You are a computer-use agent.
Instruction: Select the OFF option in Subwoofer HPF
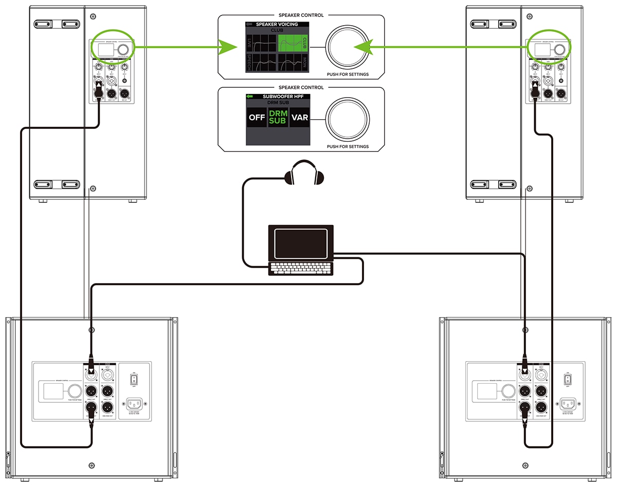coord(257,118)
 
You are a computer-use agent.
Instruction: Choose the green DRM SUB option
coord(278,118)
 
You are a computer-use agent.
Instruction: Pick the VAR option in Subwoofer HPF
coord(299,118)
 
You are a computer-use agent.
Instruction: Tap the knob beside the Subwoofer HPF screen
coord(347,118)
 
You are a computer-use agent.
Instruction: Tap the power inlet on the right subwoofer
coord(568,404)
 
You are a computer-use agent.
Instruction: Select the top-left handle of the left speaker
coord(57,24)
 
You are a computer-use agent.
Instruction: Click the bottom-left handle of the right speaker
coord(493,184)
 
